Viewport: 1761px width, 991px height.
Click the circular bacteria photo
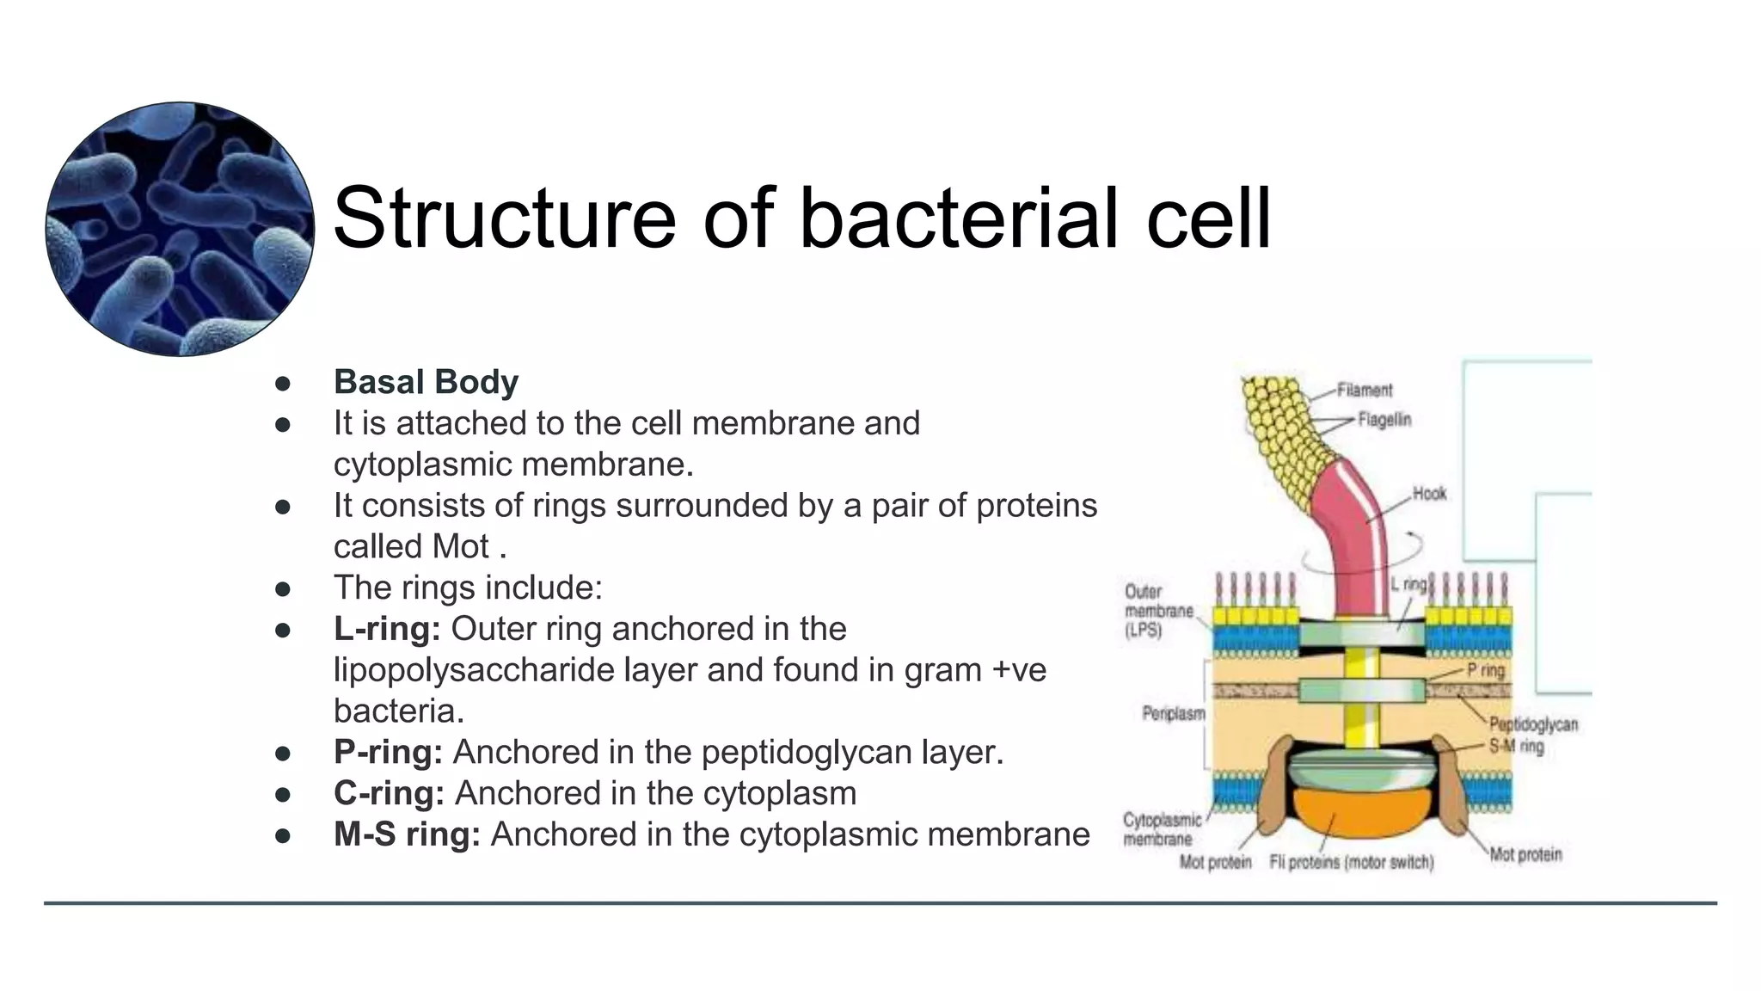180,229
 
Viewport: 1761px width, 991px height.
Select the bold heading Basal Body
426,382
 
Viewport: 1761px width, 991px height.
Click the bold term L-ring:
387,629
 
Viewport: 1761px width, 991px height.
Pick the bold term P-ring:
388,752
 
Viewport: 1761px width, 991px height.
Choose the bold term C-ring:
389,793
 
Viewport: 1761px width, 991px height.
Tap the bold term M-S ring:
407,834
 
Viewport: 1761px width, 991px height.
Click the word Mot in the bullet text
460,547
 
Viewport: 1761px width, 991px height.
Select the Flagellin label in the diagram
1384,420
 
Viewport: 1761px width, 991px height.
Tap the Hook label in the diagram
1429,494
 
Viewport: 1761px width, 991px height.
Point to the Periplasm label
1173,713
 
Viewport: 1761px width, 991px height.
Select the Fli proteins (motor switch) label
1351,862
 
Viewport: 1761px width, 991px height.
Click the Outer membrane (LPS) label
1157,611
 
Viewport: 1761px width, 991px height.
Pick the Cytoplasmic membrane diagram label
1161,829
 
